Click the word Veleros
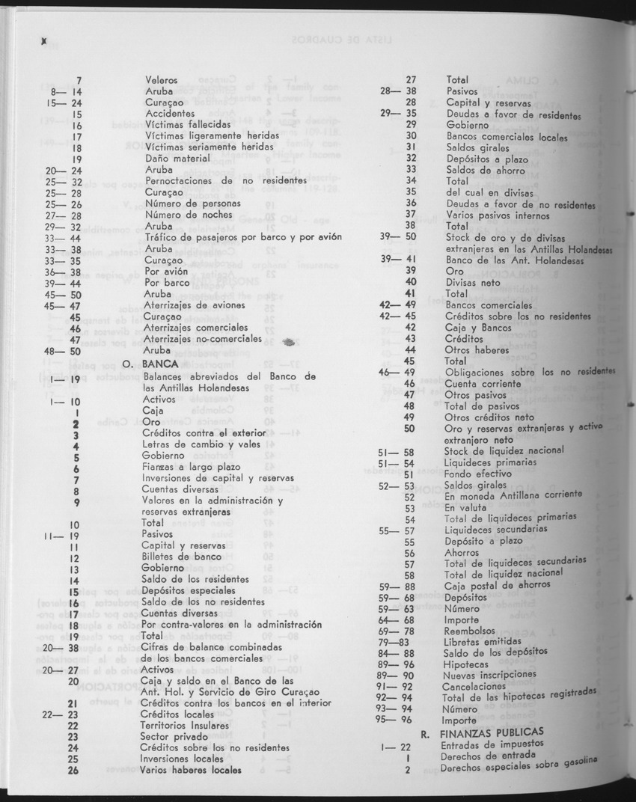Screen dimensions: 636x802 (161, 79)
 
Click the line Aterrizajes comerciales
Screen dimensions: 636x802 (196, 328)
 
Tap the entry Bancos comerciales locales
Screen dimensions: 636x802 (507, 136)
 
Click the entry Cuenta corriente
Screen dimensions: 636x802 (485, 384)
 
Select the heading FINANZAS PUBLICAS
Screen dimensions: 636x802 (492, 732)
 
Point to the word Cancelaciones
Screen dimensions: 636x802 (474, 686)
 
